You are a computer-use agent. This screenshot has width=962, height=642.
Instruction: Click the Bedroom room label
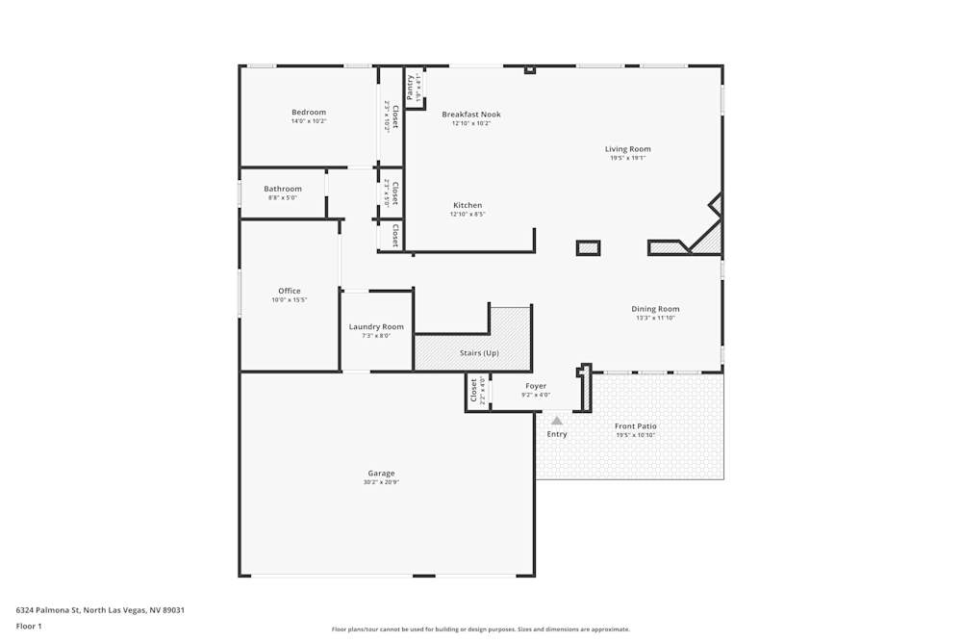point(309,113)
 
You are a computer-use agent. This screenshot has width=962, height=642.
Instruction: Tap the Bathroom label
point(283,189)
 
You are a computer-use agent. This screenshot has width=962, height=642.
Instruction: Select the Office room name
point(290,291)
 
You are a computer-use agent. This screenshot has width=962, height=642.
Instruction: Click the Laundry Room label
point(376,327)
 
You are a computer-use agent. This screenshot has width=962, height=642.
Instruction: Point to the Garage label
point(381,473)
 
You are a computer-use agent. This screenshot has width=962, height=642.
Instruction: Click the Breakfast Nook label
point(471,115)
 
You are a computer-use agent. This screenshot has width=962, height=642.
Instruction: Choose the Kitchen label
point(468,205)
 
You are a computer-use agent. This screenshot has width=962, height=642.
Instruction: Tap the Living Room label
point(627,149)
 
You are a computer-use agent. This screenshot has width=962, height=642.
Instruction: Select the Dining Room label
point(655,309)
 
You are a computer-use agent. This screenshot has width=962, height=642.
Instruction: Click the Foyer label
point(536,386)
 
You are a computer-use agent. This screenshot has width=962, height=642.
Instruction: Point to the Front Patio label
point(635,425)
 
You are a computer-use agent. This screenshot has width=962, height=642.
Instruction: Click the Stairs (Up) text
point(479,353)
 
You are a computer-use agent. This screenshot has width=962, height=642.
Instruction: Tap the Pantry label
point(411,87)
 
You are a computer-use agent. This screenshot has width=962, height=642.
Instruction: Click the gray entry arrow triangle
point(556,420)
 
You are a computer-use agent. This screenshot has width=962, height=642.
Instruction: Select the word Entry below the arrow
point(557,434)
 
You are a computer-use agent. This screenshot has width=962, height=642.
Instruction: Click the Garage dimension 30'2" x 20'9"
point(381,482)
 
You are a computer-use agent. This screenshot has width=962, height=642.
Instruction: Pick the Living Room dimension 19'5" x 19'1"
point(627,158)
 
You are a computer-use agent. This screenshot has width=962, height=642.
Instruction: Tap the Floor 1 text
point(29,626)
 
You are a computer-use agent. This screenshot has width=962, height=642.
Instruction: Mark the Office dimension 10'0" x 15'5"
point(290,300)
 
